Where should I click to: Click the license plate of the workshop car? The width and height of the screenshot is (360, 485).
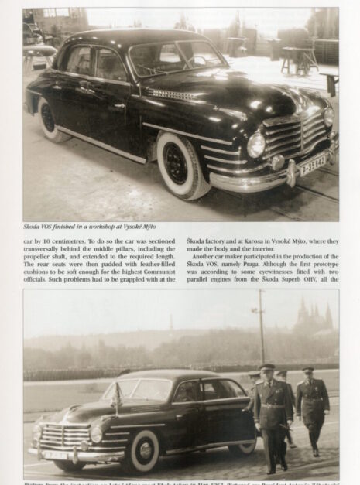tap(313, 164)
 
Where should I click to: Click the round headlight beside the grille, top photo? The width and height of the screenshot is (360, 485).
tap(255, 144)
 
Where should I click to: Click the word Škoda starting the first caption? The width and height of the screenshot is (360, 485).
tap(33, 226)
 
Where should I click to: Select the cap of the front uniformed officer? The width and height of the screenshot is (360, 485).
tap(267, 367)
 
